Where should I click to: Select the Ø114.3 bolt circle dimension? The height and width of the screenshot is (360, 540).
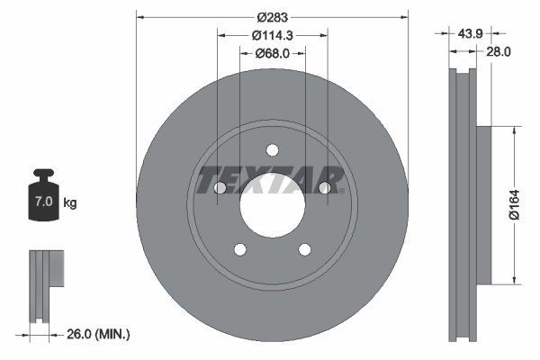[x=271, y=35]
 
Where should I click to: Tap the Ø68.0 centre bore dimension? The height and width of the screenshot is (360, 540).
[x=272, y=53]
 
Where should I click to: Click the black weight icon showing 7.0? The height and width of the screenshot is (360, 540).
[x=43, y=194]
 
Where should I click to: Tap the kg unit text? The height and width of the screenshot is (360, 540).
[x=70, y=202]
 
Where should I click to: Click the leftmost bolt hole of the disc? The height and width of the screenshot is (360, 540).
[x=220, y=187]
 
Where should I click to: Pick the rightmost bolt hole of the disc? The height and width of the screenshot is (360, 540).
[x=324, y=187]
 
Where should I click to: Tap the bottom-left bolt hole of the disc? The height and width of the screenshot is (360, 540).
[x=239, y=249]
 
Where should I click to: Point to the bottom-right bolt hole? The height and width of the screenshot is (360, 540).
[x=304, y=249]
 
